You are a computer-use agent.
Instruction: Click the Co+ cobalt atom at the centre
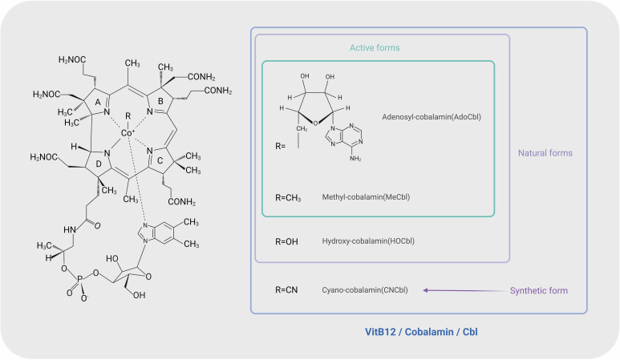click(x=128, y=133)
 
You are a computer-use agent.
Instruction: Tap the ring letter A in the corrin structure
click(x=98, y=103)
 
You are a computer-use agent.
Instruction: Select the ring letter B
click(x=160, y=101)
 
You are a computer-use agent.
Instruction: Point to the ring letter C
click(x=160, y=160)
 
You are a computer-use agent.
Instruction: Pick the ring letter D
click(x=99, y=164)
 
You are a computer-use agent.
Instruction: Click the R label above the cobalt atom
click(x=128, y=115)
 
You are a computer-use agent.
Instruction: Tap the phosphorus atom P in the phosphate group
click(x=80, y=279)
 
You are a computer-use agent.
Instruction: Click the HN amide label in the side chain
click(x=70, y=230)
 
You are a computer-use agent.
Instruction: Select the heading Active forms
click(x=375, y=48)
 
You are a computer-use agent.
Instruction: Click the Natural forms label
click(x=545, y=153)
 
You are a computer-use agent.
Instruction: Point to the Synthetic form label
click(x=538, y=291)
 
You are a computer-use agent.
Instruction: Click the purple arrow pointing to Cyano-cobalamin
click(x=465, y=290)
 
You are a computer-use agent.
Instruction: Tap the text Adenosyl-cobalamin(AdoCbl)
click(x=432, y=117)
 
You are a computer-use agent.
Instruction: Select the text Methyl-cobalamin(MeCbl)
click(x=366, y=196)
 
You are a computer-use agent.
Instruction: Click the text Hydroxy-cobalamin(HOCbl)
click(x=368, y=241)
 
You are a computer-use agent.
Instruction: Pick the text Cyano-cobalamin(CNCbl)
click(x=365, y=290)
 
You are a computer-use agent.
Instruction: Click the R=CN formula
click(x=286, y=290)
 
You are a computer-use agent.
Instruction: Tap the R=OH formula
click(x=286, y=241)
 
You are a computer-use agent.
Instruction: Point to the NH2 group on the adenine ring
click(x=355, y=159)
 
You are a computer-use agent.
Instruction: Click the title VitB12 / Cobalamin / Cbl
click(x=421, y=332)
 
